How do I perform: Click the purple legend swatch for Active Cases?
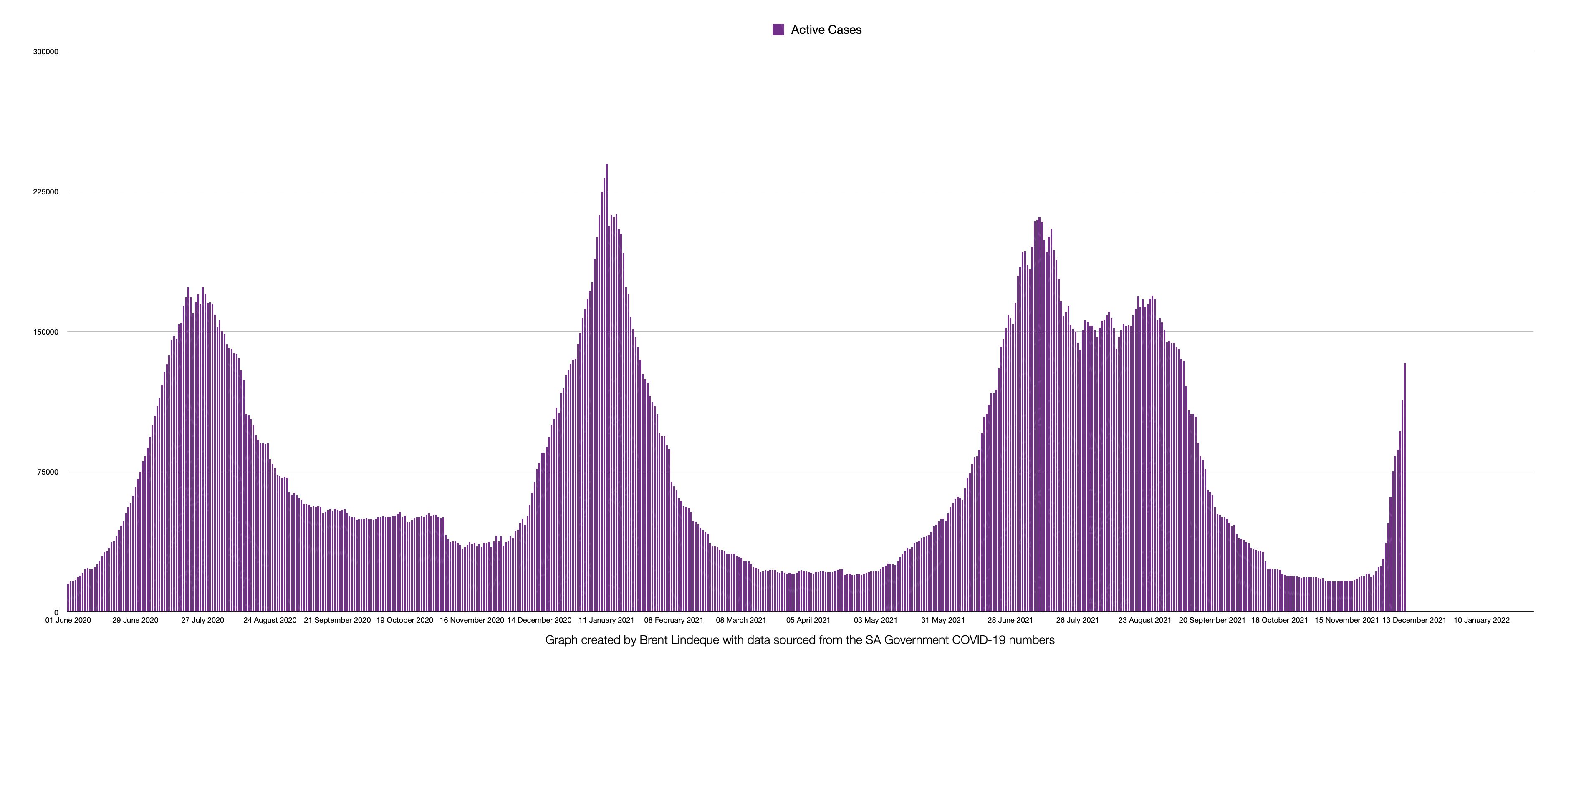coord(778,30)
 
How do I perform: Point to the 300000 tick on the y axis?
coord(46,52)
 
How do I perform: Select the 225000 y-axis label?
coord(46,192)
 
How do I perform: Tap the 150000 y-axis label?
coord(46,332)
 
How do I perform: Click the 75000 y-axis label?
coord(48,472)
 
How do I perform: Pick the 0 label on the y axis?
coord(56,612)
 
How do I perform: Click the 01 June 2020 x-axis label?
coord(68,620)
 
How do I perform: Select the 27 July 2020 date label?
coord(202,620)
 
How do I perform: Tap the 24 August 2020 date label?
coord(270,620)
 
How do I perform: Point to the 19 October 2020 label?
coord(404,620)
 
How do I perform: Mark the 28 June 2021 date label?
coord(1010,620)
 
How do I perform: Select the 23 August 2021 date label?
coord(1145,620)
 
